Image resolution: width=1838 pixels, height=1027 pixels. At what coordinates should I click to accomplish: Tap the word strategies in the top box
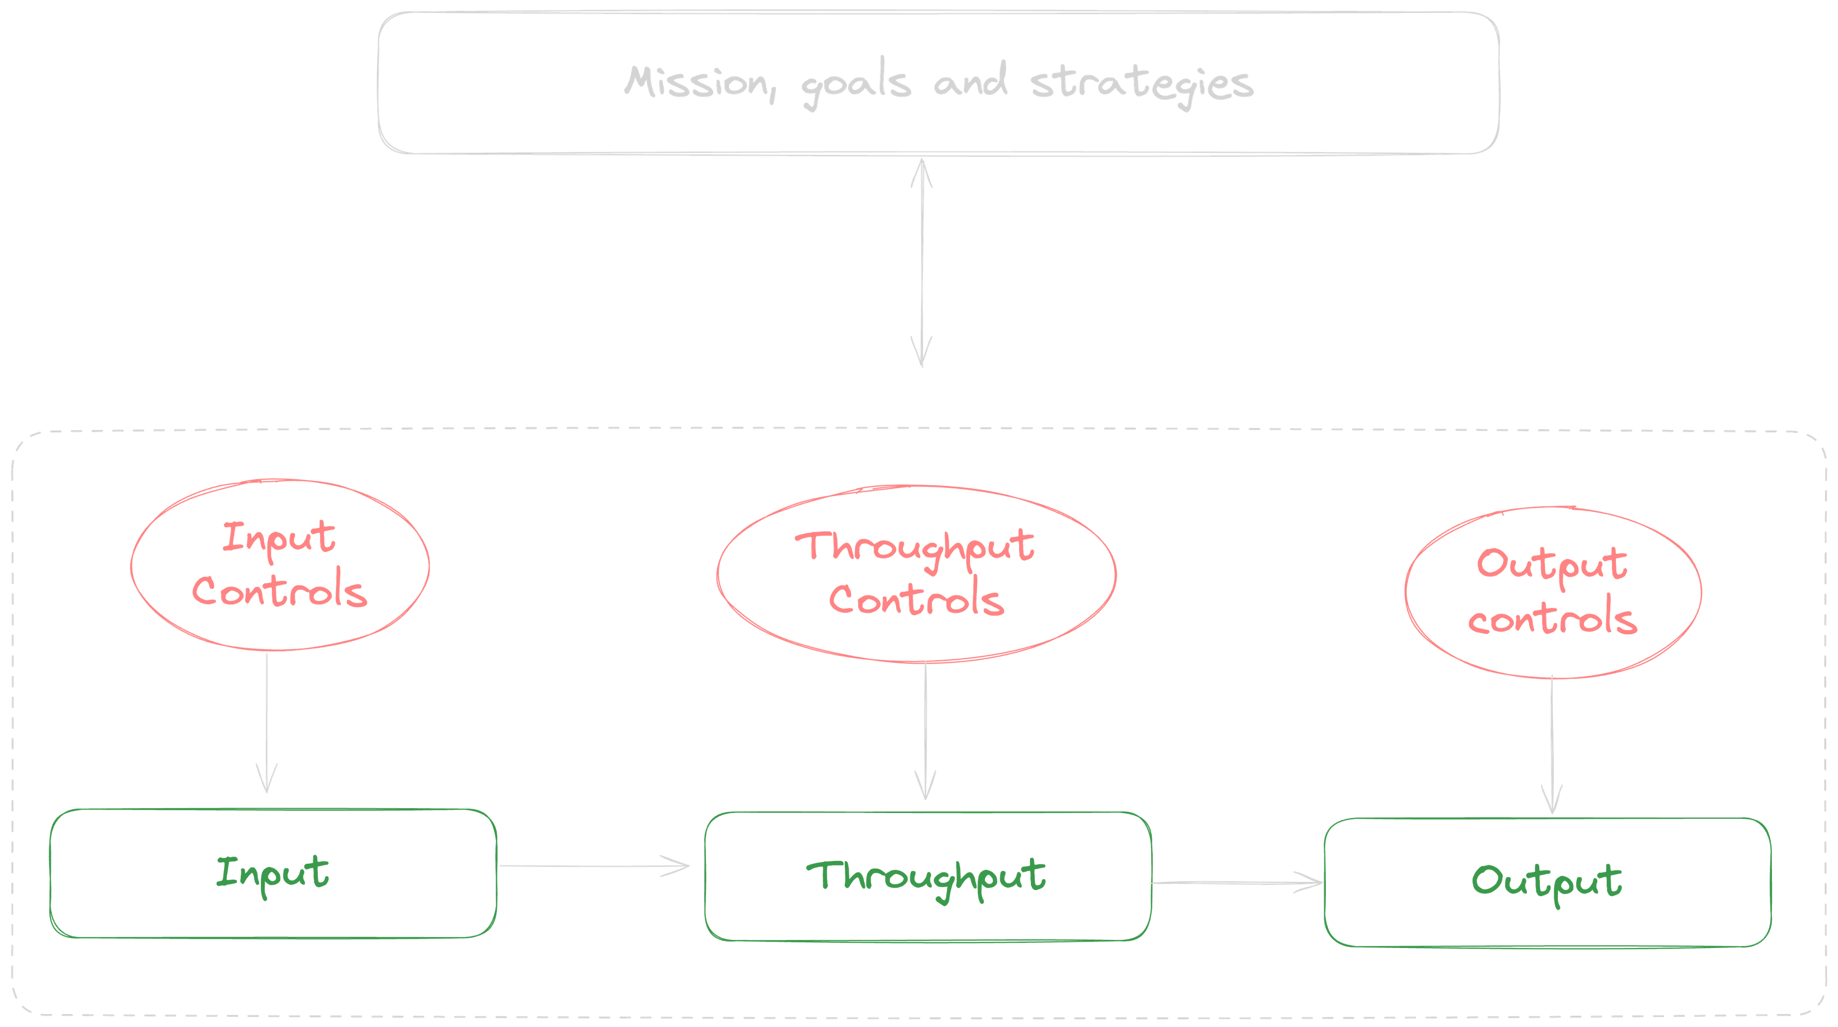[x=1142, y=84]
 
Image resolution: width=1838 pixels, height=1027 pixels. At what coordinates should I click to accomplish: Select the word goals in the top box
[x=855, y=86]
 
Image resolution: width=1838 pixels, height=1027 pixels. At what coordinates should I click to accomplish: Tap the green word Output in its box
[x=1546, y=882]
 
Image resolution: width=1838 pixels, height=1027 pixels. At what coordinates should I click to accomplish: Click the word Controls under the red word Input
[x=280, y=592]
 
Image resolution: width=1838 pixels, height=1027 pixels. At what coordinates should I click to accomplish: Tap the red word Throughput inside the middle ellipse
[x=916, y=547]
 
